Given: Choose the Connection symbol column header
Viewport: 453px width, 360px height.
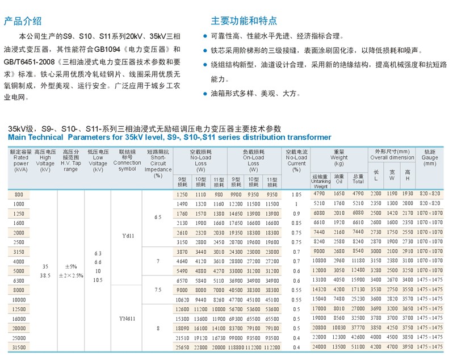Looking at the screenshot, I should (x=127, y=161).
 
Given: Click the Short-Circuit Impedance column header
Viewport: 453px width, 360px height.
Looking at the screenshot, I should (x=158, y=164).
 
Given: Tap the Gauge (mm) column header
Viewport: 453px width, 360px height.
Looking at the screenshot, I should (x=430, y=158).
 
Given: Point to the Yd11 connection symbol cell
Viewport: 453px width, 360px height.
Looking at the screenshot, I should (x=128, y=235).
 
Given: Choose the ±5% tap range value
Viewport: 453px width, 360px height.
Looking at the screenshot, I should (x=71, y=267).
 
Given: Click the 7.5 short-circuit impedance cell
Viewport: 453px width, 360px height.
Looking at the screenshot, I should (x=158, y=289).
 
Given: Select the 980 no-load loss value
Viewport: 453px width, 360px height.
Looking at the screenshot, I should (x=219, y=194).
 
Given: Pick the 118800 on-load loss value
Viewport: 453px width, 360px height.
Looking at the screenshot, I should (x=237, y=346).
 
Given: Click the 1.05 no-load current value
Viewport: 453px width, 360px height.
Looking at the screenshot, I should (x=296, y=194).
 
